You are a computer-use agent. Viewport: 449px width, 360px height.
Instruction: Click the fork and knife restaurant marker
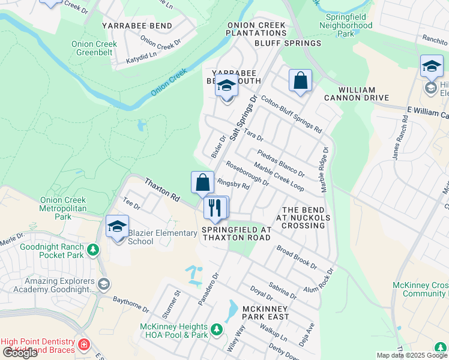(x=215, y=208)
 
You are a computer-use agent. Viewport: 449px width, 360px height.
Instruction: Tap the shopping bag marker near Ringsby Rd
(x=203, y=182)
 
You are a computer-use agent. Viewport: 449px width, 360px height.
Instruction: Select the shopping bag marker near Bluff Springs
(x=300, y=81)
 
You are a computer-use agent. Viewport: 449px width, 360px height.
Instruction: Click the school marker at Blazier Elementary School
(x=117, y=227)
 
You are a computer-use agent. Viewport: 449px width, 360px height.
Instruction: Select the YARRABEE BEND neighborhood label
(x=137, y=26)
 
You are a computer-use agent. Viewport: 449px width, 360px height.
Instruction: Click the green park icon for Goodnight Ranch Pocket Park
(x=92, y=250)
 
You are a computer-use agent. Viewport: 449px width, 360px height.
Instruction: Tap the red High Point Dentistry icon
(x=83, y=345)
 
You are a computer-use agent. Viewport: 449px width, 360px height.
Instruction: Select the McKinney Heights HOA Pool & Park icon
(x=216, y=329)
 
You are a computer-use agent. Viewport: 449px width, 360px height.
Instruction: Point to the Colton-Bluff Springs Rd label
(x=292, y=116)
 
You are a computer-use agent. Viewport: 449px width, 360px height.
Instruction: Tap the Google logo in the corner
(x=19, y=352)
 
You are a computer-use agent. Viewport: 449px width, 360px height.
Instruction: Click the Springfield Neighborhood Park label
(x=345, y=26)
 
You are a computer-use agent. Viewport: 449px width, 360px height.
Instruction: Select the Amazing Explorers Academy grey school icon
(x=103, y=284)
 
